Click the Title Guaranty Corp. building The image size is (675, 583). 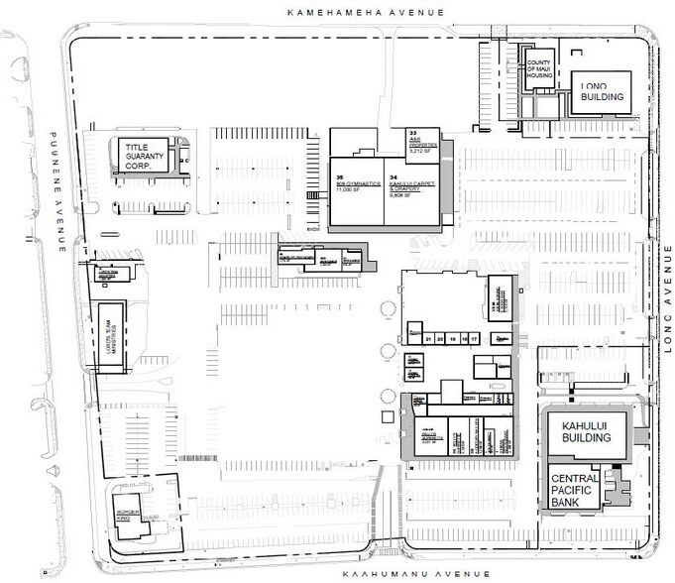[147, 156]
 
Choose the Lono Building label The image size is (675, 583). [602, 91]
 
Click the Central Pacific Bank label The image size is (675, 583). [575, 489]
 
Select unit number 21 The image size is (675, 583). [428, 339]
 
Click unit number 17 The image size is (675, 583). [476, 339]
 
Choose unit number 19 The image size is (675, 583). [452, 339]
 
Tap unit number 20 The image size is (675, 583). [440, 339]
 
